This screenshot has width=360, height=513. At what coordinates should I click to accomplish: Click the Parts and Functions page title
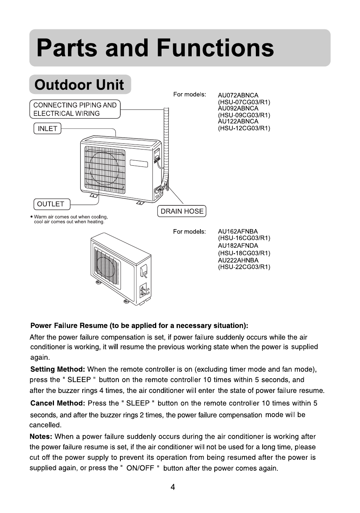[x=155, y=48]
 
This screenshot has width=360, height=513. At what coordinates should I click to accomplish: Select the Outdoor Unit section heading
[x=79, y=85]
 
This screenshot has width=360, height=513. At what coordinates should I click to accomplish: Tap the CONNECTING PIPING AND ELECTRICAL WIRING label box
[x=75, y=109]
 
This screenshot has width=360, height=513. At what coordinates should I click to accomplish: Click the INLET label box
[x=48, y=129]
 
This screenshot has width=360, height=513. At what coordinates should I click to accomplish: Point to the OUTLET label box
[x=51, y=204]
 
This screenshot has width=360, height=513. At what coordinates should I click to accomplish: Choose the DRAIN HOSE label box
[x=182, y=211]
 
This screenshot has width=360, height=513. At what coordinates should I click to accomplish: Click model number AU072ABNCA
[x=238, y=96]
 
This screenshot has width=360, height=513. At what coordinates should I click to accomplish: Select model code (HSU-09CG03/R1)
[x=244, y=115]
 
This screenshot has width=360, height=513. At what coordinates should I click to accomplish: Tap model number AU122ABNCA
[x=238, y=122]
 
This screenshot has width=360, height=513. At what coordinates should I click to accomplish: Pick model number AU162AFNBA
[x=238, y=231]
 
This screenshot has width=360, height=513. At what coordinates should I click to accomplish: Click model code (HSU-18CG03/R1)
[x=244, y=253]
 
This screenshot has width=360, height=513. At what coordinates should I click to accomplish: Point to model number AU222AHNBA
[x=238, y=260]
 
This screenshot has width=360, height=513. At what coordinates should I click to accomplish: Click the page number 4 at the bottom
[x=173, y=487]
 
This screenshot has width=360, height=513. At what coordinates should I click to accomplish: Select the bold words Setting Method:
[x=57, y=369]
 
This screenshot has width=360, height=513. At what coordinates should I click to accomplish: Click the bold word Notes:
[x=41, y=437]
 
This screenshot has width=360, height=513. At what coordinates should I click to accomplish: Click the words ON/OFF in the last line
[x=140, y=468]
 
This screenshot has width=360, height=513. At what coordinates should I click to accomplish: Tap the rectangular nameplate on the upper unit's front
[x=139, y=163]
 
